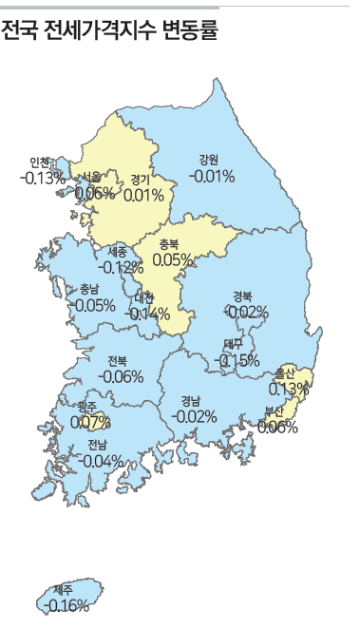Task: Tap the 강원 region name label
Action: pos(210,159)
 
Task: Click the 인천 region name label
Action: pos(40,162)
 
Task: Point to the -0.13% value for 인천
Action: pos(42,177)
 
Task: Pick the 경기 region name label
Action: pos(142,179)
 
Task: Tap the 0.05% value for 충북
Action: pos(173,258)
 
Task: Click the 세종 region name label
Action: pos(118,252)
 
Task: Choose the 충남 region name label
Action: pos(89,290)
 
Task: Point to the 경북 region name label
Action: pos(243,296)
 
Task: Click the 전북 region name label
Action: pos(118,361)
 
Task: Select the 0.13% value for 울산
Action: pos(289,388)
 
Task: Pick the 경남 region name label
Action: pos(192,400)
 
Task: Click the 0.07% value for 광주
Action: pos(91,421)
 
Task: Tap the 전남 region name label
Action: pos(98,445)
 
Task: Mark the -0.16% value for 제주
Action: pos(67,605)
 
